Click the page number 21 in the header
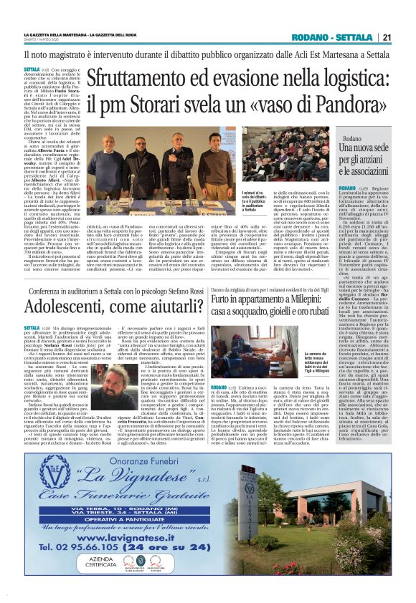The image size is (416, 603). pyautogui.click(x=387, y=38)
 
